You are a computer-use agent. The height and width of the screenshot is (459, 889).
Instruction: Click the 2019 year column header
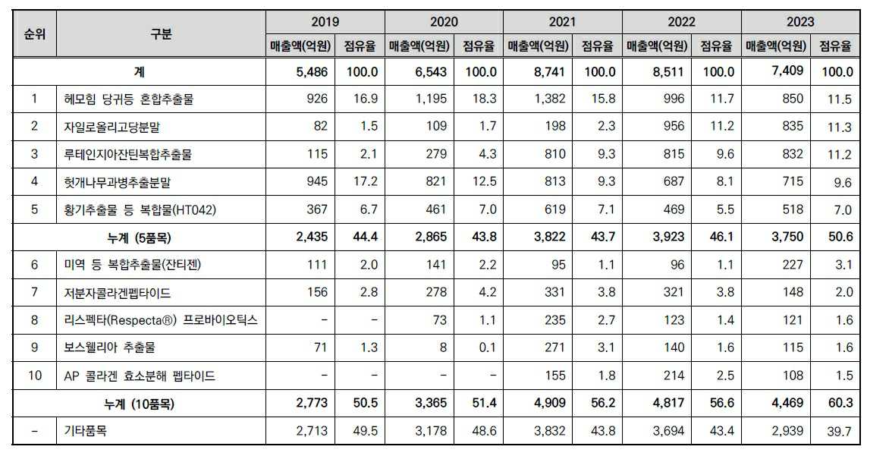point(325,22)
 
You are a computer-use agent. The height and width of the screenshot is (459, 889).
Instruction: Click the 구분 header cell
point(161,34)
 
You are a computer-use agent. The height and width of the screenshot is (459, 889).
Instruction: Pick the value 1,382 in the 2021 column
point(550,99)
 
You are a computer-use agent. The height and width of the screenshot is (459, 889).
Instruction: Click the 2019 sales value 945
point(318,182)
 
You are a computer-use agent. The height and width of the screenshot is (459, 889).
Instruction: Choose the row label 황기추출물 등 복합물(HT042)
point(140,209)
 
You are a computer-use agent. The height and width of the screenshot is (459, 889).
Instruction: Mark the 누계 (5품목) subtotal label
point(161,237)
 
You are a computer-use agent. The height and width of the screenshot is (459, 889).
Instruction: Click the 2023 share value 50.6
point(840,237)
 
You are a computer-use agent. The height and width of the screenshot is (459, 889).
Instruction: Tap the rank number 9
point(34,348)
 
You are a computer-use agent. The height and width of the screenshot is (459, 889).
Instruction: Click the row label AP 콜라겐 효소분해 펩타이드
point(140,376)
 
